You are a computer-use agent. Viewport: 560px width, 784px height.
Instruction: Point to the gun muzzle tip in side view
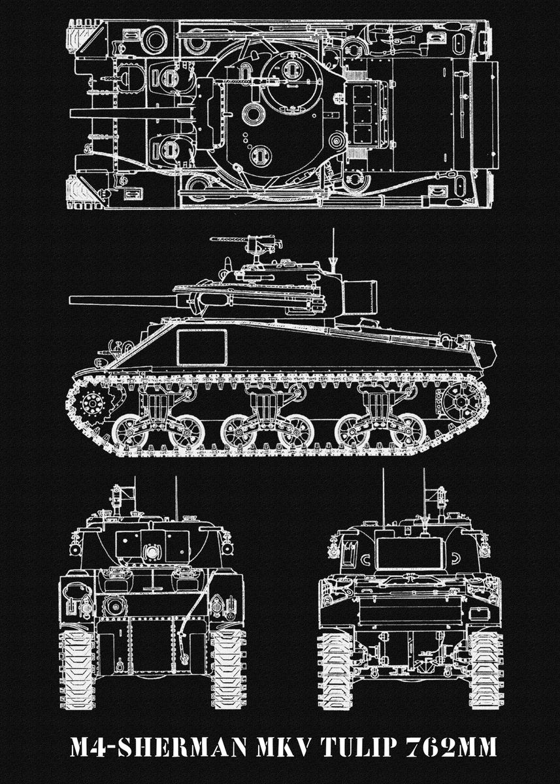71,301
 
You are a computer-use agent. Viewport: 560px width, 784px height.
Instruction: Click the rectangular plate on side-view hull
203,347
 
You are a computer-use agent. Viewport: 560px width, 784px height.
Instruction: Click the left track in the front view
77,666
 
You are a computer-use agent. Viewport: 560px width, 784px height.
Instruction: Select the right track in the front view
227,666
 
